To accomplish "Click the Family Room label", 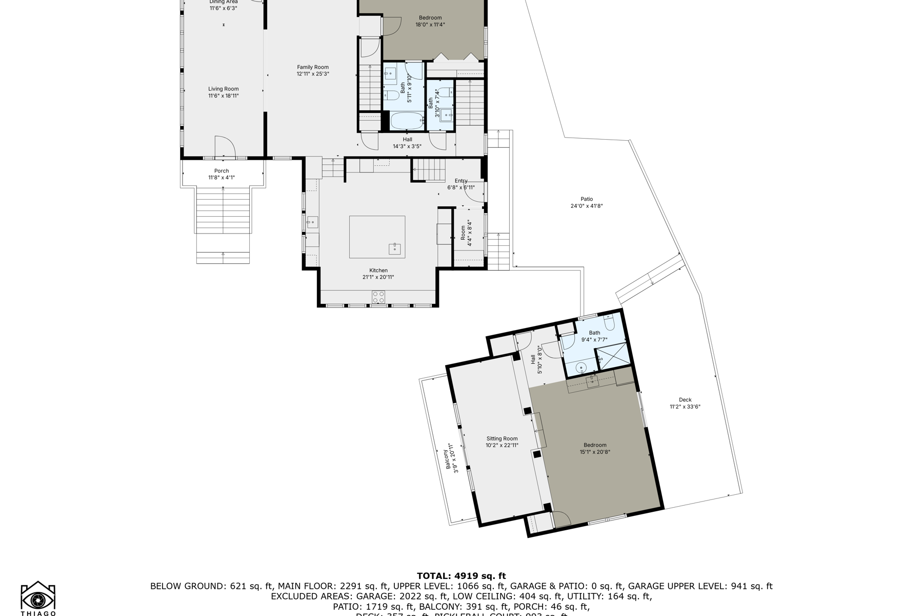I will point(313,67).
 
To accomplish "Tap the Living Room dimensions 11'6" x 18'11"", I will point(224,96).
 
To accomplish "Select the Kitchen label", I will point(378,271).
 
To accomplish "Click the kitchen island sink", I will point(394,248).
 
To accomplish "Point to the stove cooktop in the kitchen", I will point(378,297).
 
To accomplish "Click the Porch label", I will point(222,171).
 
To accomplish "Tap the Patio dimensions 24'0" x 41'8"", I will point(587,206).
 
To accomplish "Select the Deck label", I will point(685,400).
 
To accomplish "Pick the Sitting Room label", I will point(502,439).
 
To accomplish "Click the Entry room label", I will point(461,181).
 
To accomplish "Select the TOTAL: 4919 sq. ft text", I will point(461,576).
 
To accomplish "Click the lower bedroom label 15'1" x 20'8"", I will point(595,449).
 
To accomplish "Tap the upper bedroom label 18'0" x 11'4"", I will point(430,21).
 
